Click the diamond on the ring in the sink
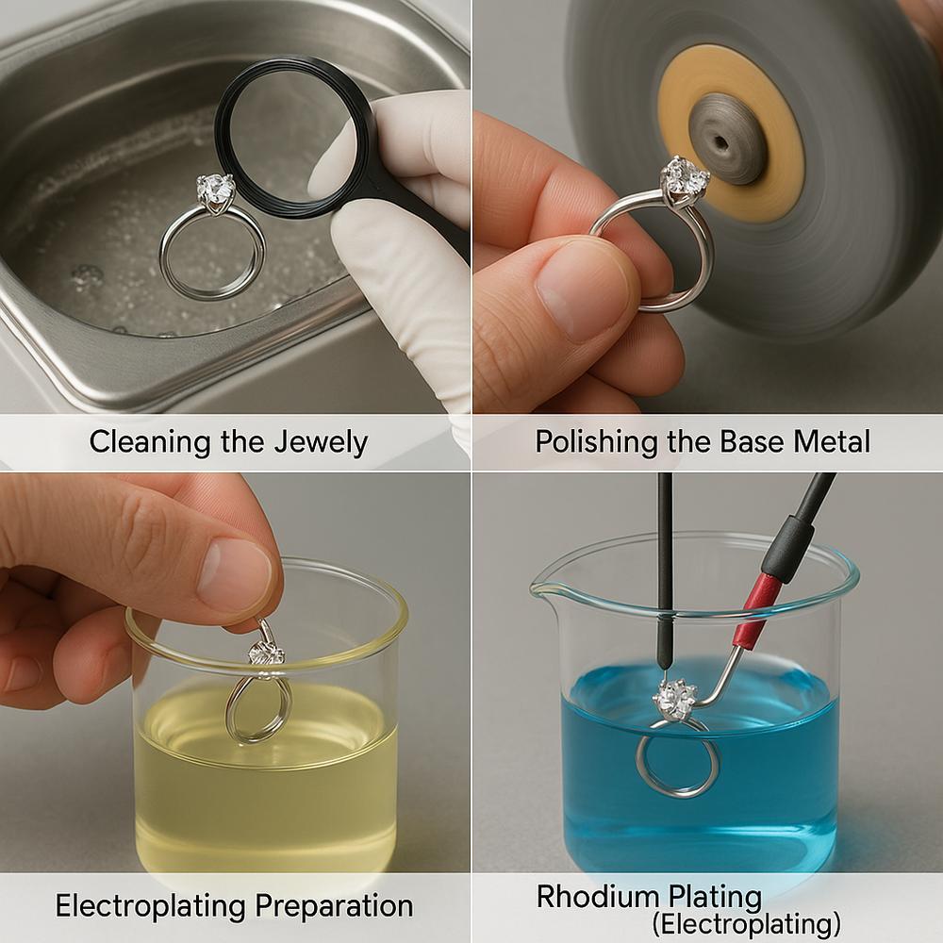[x=215, y=190]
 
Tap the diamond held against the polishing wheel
[x=685, y=176]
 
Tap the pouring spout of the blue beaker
[x=544, y=587]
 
